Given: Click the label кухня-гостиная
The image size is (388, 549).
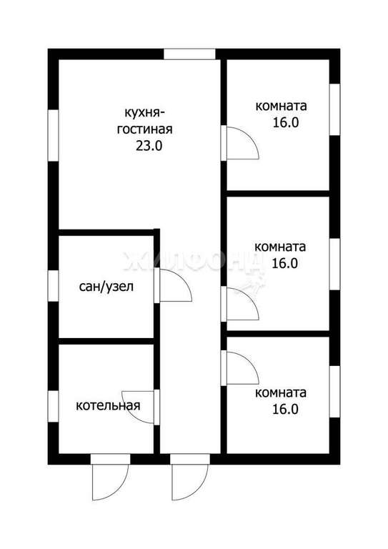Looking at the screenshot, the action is [x=144, y=121].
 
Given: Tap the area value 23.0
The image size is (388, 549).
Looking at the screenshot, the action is [x=149, y=146].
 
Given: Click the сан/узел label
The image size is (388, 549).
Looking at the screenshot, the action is [x=106, y=287].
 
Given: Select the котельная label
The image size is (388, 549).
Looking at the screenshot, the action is [x=108, y=405].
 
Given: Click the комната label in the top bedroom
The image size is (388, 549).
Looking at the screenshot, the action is [x=281, y=106].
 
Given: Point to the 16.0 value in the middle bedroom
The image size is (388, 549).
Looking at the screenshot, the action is [x=285, y=263].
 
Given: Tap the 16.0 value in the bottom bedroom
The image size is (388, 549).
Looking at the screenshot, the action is [x=285, y=409].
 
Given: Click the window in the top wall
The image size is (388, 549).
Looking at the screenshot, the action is [x=189, y=54].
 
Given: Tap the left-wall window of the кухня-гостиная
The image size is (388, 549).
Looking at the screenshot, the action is [x=53, y=136].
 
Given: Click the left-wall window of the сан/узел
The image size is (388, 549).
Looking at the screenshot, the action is [x=53, y=286].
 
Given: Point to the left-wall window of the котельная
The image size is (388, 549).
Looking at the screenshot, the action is [x=53, y=407].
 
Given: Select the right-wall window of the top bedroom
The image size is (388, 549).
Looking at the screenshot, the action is [x=335, y=109].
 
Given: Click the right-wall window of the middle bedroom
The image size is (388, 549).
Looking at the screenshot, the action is [x=335, y=264].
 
